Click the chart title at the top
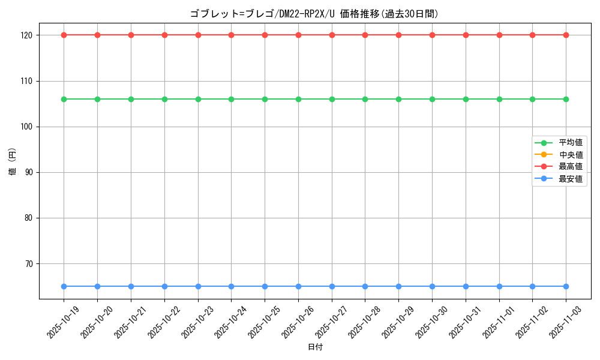click(314, 14)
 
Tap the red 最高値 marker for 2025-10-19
click(64, 35)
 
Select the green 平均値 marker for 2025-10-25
click(265, 99)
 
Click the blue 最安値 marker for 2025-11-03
click(566, 286)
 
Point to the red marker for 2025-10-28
click(365, 35)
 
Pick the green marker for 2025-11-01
click(499, 99)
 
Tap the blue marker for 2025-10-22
click(164, 286)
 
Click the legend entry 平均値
click(571, 143)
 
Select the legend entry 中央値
click(571, 155)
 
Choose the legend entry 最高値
click(571, 167)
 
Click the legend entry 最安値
click(571, 179)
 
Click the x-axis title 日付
click(315, 347)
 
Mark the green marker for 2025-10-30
click(432, 99)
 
